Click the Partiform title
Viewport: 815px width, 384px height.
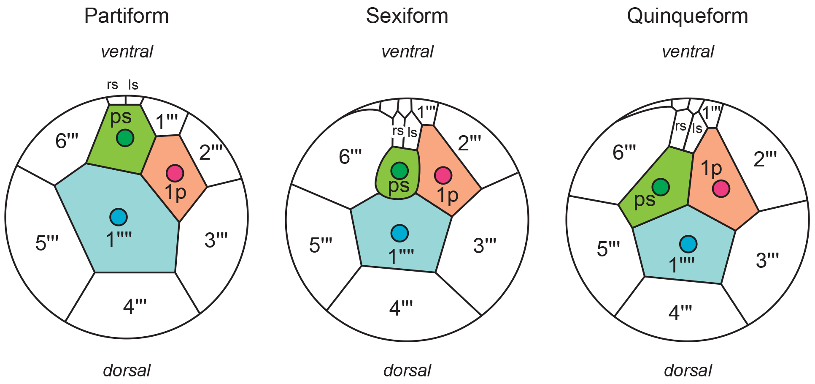click(x=127, y=16)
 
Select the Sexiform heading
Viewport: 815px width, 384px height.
click(x=407, y=16)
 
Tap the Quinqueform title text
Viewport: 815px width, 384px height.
click(x=687, y=16)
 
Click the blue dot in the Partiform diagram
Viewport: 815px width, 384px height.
click(x=119, y=217)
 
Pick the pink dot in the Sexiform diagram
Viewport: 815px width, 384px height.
click(x=443, y=175)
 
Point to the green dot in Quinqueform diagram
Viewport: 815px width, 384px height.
click(x=661, y=187)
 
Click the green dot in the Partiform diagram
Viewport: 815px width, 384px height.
click(x=125, y=138)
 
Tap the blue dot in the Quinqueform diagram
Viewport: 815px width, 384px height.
click(x=688, y=244)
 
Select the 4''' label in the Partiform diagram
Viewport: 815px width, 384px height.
click(x=135, y=306)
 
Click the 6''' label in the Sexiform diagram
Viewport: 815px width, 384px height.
click(x=350, y=157)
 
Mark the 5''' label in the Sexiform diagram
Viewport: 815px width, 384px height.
click(x=321, y=245)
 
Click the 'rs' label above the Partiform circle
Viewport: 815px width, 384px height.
click(x=112, y=85)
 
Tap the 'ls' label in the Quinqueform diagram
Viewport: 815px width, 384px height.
click(x=697, y=128)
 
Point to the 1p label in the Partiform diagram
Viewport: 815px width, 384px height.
click(x=175, y=192)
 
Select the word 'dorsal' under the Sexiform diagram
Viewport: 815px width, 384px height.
click(x=407, y=370)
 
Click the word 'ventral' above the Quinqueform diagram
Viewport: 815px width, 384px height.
click(x=688, y=52)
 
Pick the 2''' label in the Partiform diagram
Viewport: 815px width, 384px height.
click(x=210, y=153)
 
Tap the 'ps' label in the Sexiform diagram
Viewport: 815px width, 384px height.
click(x=399, y=185)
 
